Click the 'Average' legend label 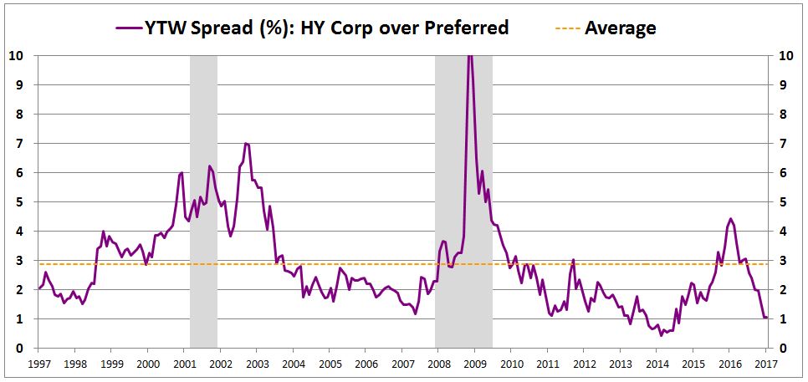click(x=620, y=28)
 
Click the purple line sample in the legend click(x=130, y=28)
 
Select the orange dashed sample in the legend click(x=566, y=28)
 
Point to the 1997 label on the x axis click(x=38, y=364)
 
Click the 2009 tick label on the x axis click(x=475, y=364)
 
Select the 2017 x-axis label click(x=766, y=364)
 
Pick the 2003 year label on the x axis click(x=256, y=364)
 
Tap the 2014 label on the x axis click(x=657, y=364)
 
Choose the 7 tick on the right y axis click(x=781, y=143)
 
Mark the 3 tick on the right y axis click(x=781, y=260)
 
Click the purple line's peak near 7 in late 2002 click(x=245, y=143)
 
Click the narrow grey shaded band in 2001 click(x=203, y=201)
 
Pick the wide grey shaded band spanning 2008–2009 click(x=463, y=201)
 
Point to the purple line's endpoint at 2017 click(x=767, y=318)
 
